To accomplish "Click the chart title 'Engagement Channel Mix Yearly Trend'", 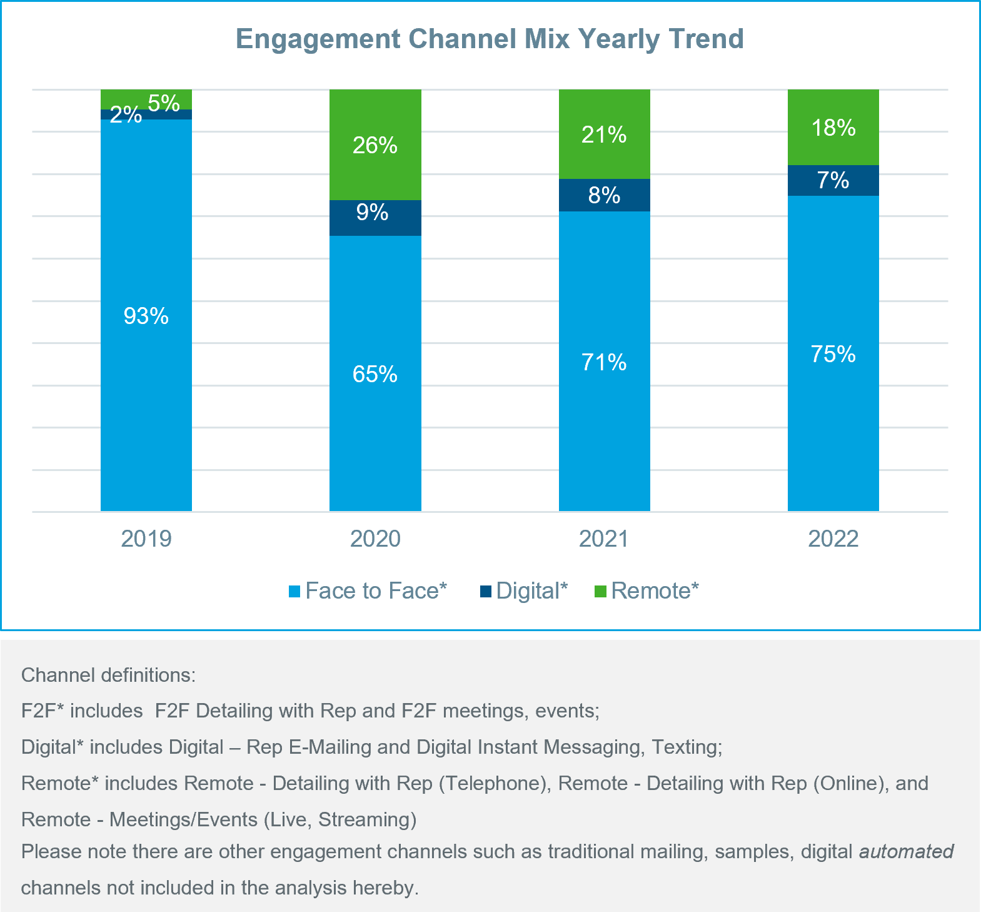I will (x=490, y=39).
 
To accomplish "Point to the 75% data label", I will (x=833, y=355).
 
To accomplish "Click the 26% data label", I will (x=375, y=146).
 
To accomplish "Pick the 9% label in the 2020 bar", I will (x=373, y=213).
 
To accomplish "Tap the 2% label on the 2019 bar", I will (x=126, y=114).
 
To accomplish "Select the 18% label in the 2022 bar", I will (x=833, y=128).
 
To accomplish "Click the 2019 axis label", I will (x=146, y=539).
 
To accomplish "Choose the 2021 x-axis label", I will (x=604, y=539).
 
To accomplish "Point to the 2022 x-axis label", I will (x=833, y=539).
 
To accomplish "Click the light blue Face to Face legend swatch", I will (x=294, y=592).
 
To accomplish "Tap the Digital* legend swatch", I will (x=486, y=592).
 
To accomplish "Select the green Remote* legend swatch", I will (x=600, y=592).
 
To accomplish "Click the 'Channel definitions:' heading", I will (x=108, y=676).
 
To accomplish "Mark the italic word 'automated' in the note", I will (x=906, y=852).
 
